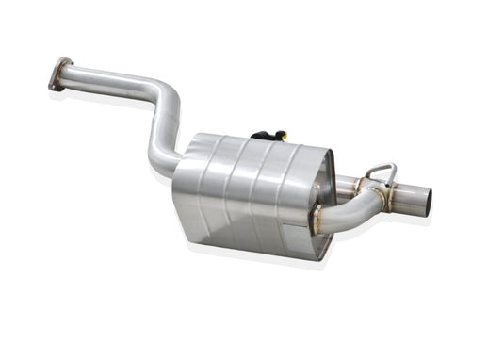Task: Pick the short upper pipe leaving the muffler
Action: point(347,185)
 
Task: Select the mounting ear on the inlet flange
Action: point(54,85)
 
